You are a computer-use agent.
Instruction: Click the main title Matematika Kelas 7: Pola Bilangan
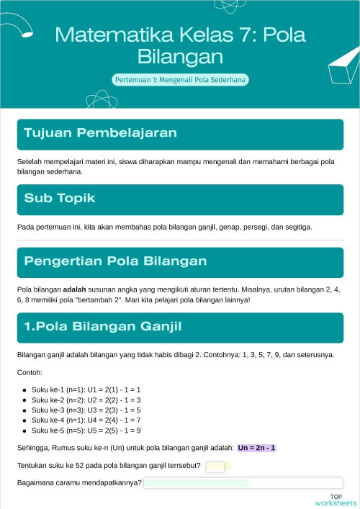click(180, 45)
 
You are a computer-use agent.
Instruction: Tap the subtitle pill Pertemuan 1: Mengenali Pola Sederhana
click(180, 80)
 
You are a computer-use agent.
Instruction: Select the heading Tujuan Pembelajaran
click(100, 133)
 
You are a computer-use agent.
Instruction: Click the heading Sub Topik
click(60, 197)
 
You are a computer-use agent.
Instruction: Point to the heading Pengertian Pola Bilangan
click(115, 261)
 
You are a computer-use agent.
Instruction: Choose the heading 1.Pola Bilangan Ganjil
click(102, 327)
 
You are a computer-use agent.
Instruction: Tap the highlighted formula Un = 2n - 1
click(256, 448)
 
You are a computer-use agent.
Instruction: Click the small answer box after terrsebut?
click(215, 467)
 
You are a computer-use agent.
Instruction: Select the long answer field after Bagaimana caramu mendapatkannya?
click(243, 483)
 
